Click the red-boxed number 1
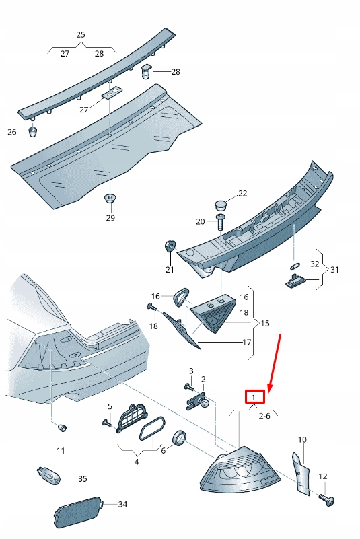(254, 398)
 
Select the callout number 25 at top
(81, 34)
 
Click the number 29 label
(110, 217)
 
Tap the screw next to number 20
(221, 221)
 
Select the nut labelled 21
(170, 246)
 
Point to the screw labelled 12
(328, 500)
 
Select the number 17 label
(247, 343)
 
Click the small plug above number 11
(62, 427)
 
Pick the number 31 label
(334, 270)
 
